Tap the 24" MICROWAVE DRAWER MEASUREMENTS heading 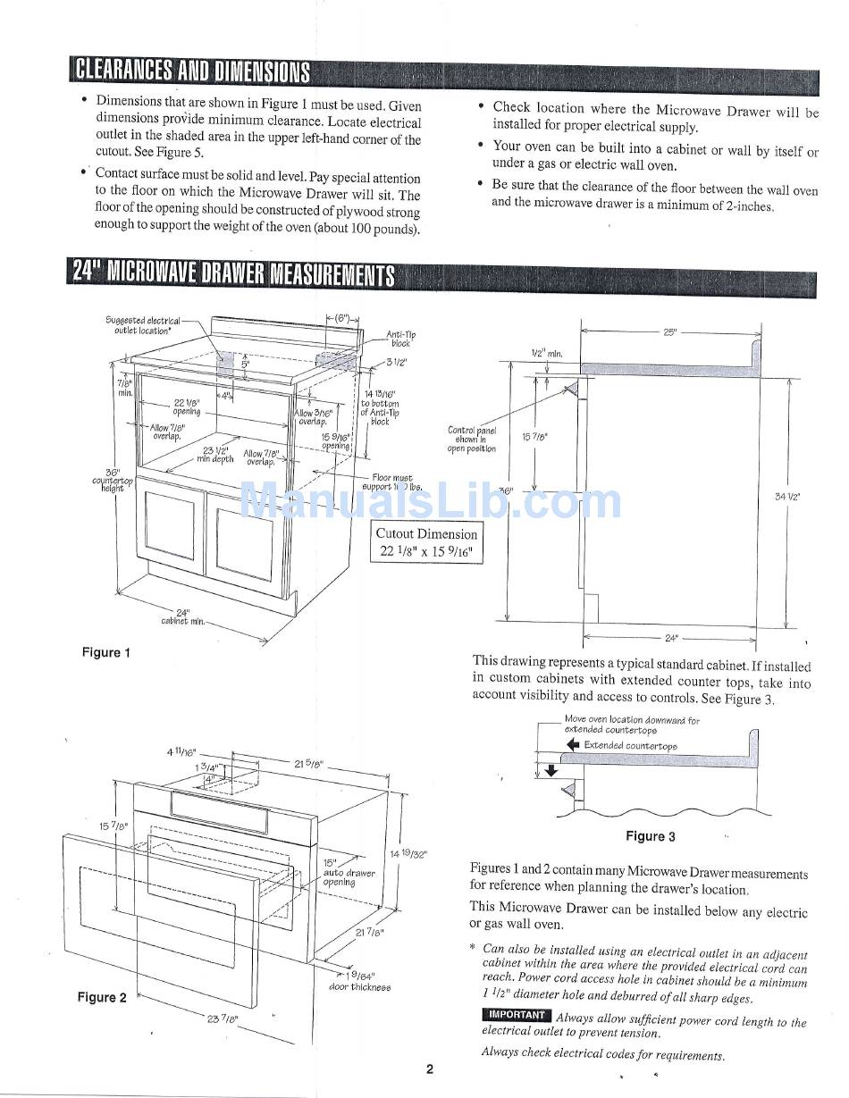tap(231, 272)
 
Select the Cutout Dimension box tap(426, 542)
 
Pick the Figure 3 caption tap(650, 836)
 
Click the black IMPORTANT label tap(516, 1015)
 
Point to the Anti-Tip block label tap(399, 339)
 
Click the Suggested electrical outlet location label tap(143, 325)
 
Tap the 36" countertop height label tap(112, 481)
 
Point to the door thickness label tap(359, 982)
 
